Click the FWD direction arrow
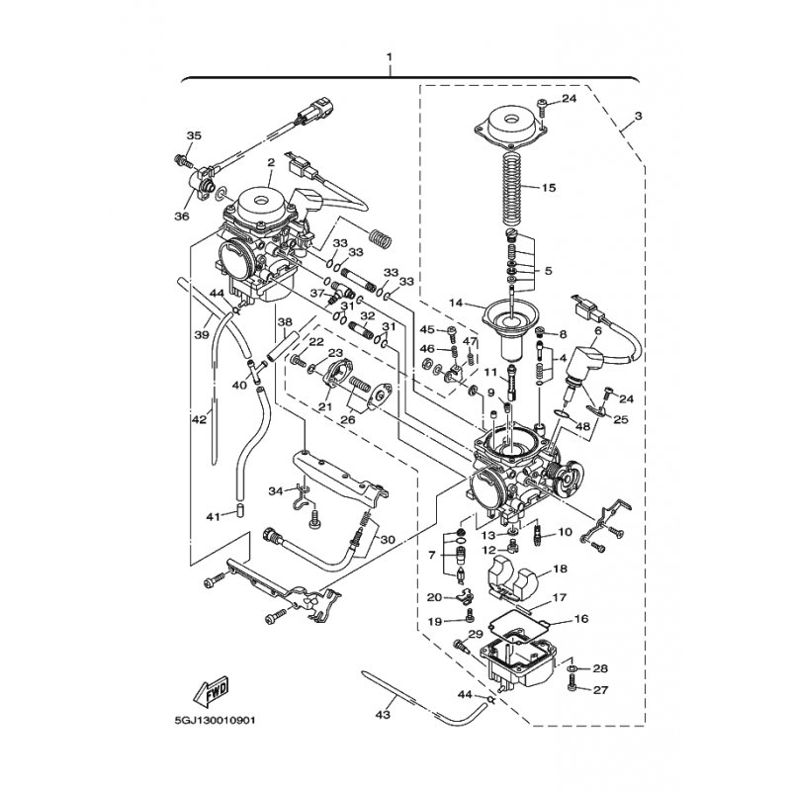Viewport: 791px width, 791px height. tap(212, 689)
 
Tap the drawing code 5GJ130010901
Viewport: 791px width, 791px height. tap(215, 720)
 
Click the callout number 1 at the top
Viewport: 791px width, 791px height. tap(389, 56)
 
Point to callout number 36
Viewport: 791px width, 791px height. tap(182, 217)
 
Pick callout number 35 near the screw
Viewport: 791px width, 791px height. tap(194, 135)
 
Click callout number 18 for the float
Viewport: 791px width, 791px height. tap(561, 569)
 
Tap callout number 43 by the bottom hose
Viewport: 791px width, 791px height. tap(383, 714)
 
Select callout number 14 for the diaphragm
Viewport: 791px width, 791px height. tap(456, 304)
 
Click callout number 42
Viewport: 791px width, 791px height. tap(200, 418)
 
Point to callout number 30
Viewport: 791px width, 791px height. tap(388, 540)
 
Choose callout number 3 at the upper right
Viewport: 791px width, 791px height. tap(638, 116)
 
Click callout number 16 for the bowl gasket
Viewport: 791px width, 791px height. tap(581, 619)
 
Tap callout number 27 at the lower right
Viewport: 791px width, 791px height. tap(600, 689)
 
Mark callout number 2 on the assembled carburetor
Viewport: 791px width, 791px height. tap(271, 162)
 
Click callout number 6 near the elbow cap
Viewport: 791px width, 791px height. tap(598, 331)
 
